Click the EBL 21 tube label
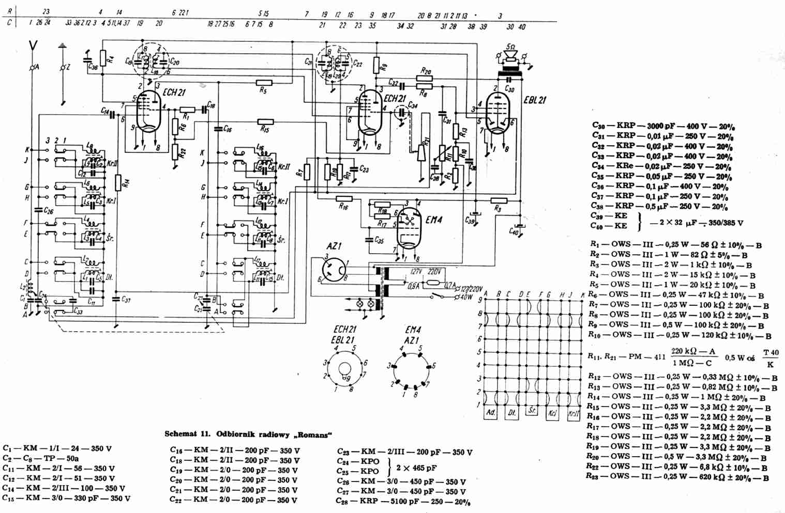[535, 100]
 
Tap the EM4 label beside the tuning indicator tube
[434, 220]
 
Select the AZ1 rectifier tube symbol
[334, 269]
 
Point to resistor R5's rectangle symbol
[264, 82]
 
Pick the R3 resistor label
[498, 209]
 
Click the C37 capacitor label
[125, 300]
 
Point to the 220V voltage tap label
[435, 272]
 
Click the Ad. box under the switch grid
[491, 413]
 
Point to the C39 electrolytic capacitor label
[470, 221]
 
